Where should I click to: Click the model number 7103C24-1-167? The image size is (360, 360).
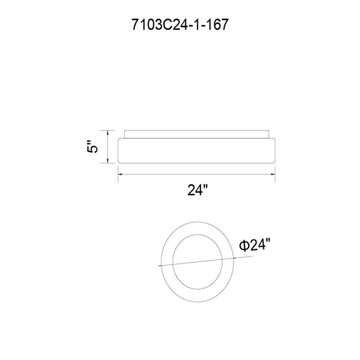180,24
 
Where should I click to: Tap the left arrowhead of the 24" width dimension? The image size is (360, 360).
121,174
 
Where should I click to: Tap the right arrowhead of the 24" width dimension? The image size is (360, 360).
273,174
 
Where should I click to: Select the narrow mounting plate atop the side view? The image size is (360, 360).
197,134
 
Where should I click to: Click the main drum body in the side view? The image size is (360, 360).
197,150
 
